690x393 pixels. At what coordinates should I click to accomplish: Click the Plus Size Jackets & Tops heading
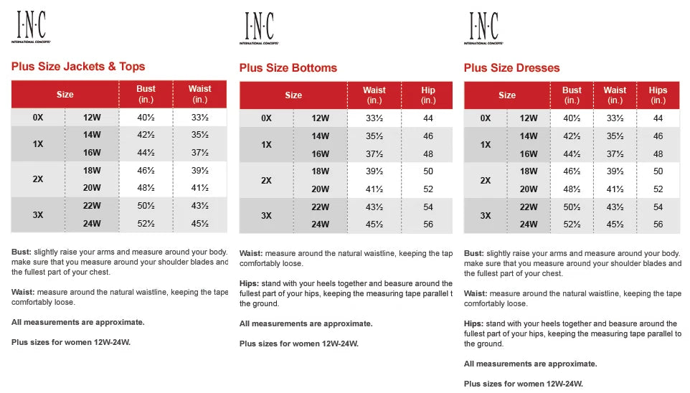pos(78,67)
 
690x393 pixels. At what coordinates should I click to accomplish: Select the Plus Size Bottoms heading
pos(288,68)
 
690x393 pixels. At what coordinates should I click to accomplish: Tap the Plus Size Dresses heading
pos(511,68)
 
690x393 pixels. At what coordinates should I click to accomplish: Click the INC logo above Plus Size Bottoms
pos(258,28)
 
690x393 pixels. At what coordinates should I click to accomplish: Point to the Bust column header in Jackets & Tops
pos(146,94)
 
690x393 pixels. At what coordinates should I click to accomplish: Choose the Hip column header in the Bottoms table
pos(428,95)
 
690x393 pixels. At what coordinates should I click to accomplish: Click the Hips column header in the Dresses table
pos(658,95)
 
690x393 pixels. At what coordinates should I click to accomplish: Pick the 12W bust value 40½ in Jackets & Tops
pos(146,118)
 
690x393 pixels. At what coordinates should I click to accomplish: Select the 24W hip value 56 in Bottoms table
pos(428,224)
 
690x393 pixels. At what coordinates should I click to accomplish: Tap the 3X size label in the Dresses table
pos(486,215)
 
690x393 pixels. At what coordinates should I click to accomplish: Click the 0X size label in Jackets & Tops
pos(38,118)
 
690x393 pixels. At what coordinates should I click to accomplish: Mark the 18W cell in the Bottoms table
pos(321,171)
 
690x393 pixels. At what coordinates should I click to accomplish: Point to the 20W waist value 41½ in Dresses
pos(615,189)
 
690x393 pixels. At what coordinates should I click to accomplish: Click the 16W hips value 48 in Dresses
pos(658,154)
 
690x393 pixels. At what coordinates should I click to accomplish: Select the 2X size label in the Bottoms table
pos(266,181)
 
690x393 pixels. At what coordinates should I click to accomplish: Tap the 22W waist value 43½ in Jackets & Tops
pos(199,206)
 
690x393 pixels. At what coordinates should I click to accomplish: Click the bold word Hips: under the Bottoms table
pos(250,283)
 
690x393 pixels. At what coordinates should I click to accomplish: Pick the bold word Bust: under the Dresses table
pos(474,254)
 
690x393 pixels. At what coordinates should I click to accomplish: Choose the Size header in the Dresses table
pos(507,95)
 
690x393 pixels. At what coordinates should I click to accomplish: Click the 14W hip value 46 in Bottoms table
pos(428,136)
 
